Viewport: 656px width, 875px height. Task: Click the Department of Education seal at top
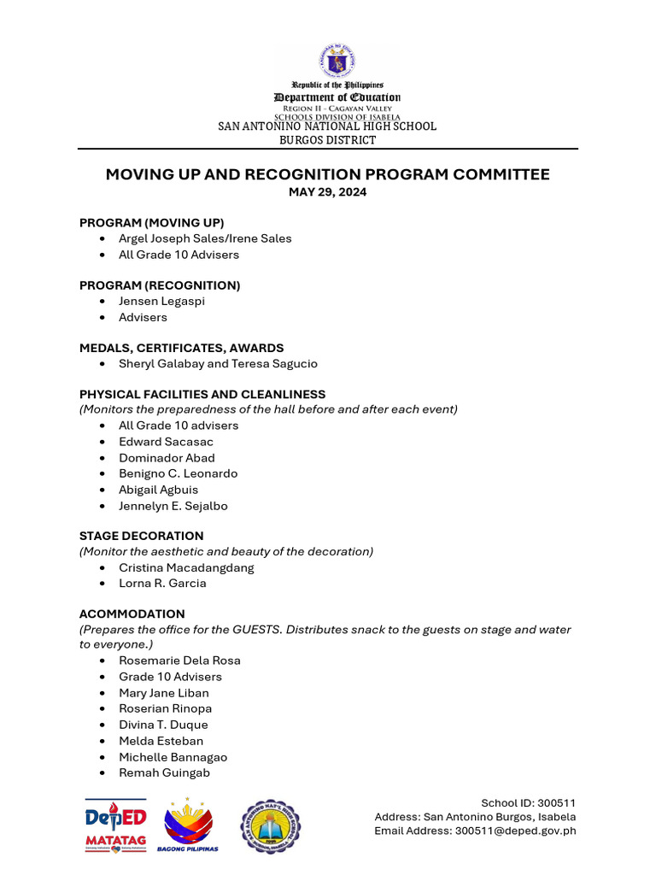tap(337, 61)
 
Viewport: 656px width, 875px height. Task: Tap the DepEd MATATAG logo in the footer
tap(115, 825)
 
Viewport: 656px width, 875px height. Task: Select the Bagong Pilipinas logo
tap(188, 825)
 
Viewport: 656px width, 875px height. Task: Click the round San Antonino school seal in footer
tap(270, 826)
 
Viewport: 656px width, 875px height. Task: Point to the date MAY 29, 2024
tap(327, 192)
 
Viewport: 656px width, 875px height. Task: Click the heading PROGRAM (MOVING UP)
tap(151, 222)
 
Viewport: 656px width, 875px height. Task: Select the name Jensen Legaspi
tap(161, 301)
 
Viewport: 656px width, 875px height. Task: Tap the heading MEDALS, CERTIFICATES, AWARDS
tap(181, 348)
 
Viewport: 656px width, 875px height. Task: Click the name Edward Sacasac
tap(166, 442)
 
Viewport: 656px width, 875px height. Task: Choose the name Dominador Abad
tap(167, 458)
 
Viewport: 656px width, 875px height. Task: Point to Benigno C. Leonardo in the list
tap(178, 473)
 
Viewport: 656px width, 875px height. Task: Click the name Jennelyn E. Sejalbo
tap(173, 506)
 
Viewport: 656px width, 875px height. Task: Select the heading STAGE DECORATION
tap(141, 536)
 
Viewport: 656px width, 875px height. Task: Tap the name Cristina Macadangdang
tap(186, 567)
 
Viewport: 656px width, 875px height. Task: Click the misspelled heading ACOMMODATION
tap(132, 614)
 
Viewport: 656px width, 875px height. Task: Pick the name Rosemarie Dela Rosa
tap(179, 661)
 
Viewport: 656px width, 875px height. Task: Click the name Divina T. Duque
tap(163, 725)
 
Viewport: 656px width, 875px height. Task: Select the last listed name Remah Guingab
tap(164, 772)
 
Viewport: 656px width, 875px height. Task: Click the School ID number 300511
tap(552, 803)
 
